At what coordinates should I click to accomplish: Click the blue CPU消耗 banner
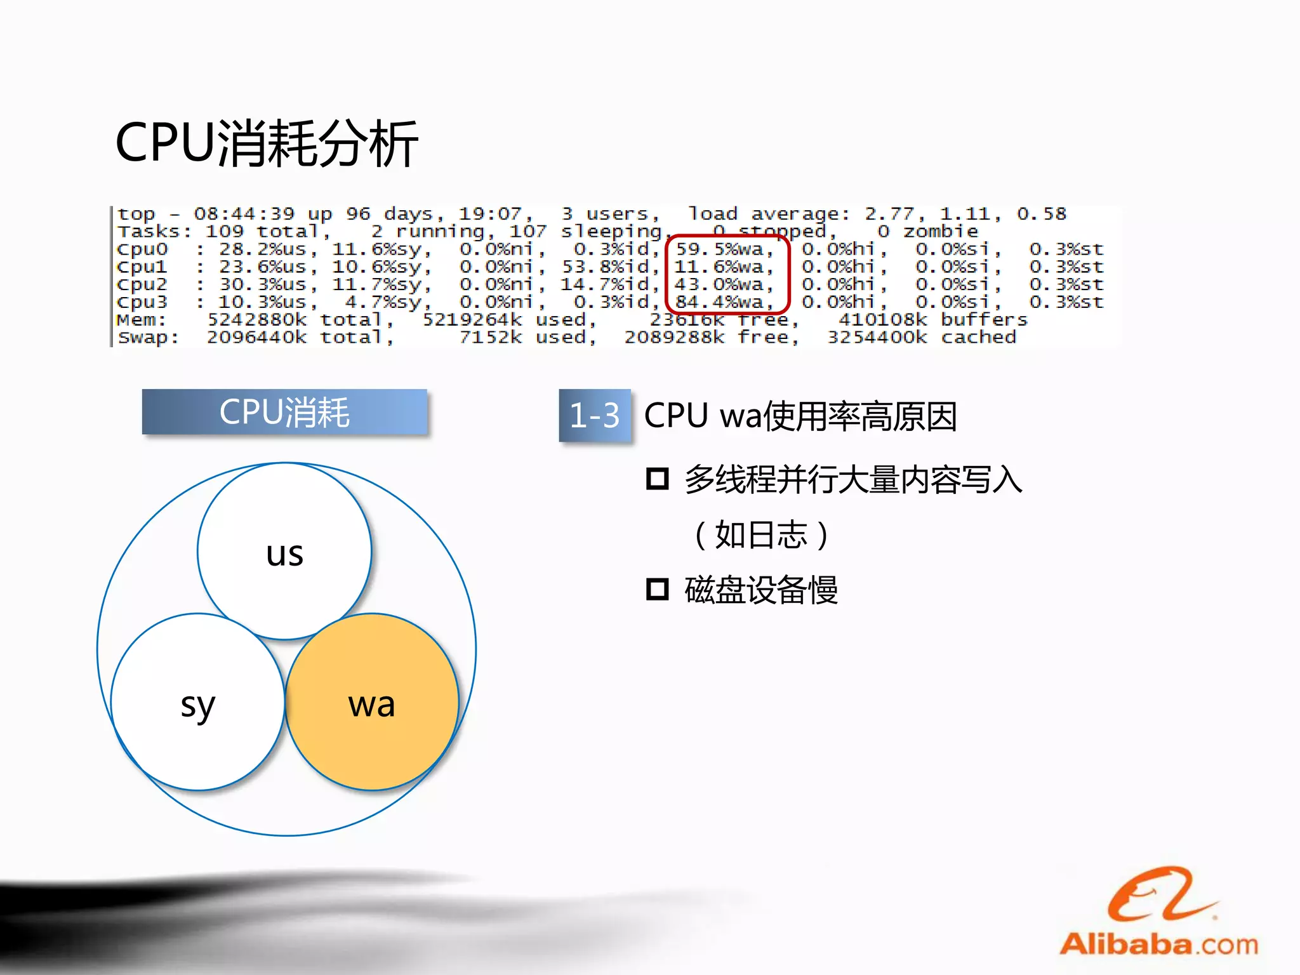point(284,412)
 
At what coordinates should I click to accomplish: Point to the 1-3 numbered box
point(594,415)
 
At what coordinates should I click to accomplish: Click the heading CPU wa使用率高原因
point(800,416)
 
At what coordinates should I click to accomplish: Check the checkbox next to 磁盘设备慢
point(657,589)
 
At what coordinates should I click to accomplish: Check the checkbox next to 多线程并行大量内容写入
point(657,479)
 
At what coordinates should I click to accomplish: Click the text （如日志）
point(760,534)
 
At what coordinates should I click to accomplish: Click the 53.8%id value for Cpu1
point(606,267)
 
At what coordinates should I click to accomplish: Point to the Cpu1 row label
point(142,267)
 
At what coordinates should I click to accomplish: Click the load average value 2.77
point(889,214)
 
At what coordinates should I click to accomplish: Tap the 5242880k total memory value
point(257,320)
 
